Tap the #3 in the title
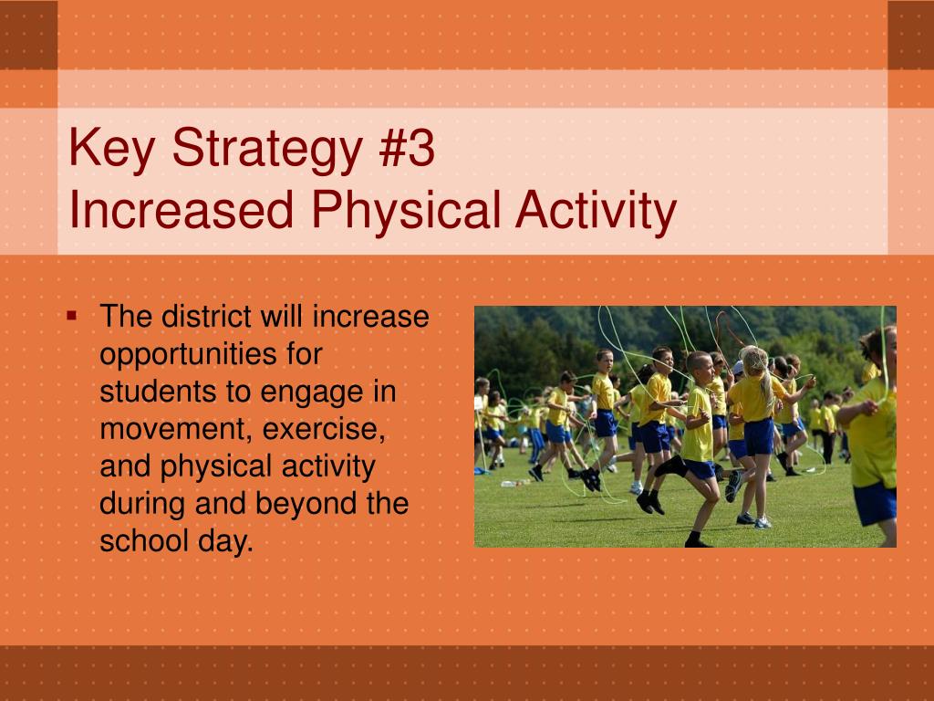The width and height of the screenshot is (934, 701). (406, 147)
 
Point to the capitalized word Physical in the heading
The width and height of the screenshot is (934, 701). (406, 212)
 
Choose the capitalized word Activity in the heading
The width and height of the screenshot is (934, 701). (597, 212)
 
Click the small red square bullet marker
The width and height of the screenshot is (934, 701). (72, 315)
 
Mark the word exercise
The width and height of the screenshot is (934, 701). (324, 429)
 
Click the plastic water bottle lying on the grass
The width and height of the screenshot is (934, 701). (509, 484)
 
